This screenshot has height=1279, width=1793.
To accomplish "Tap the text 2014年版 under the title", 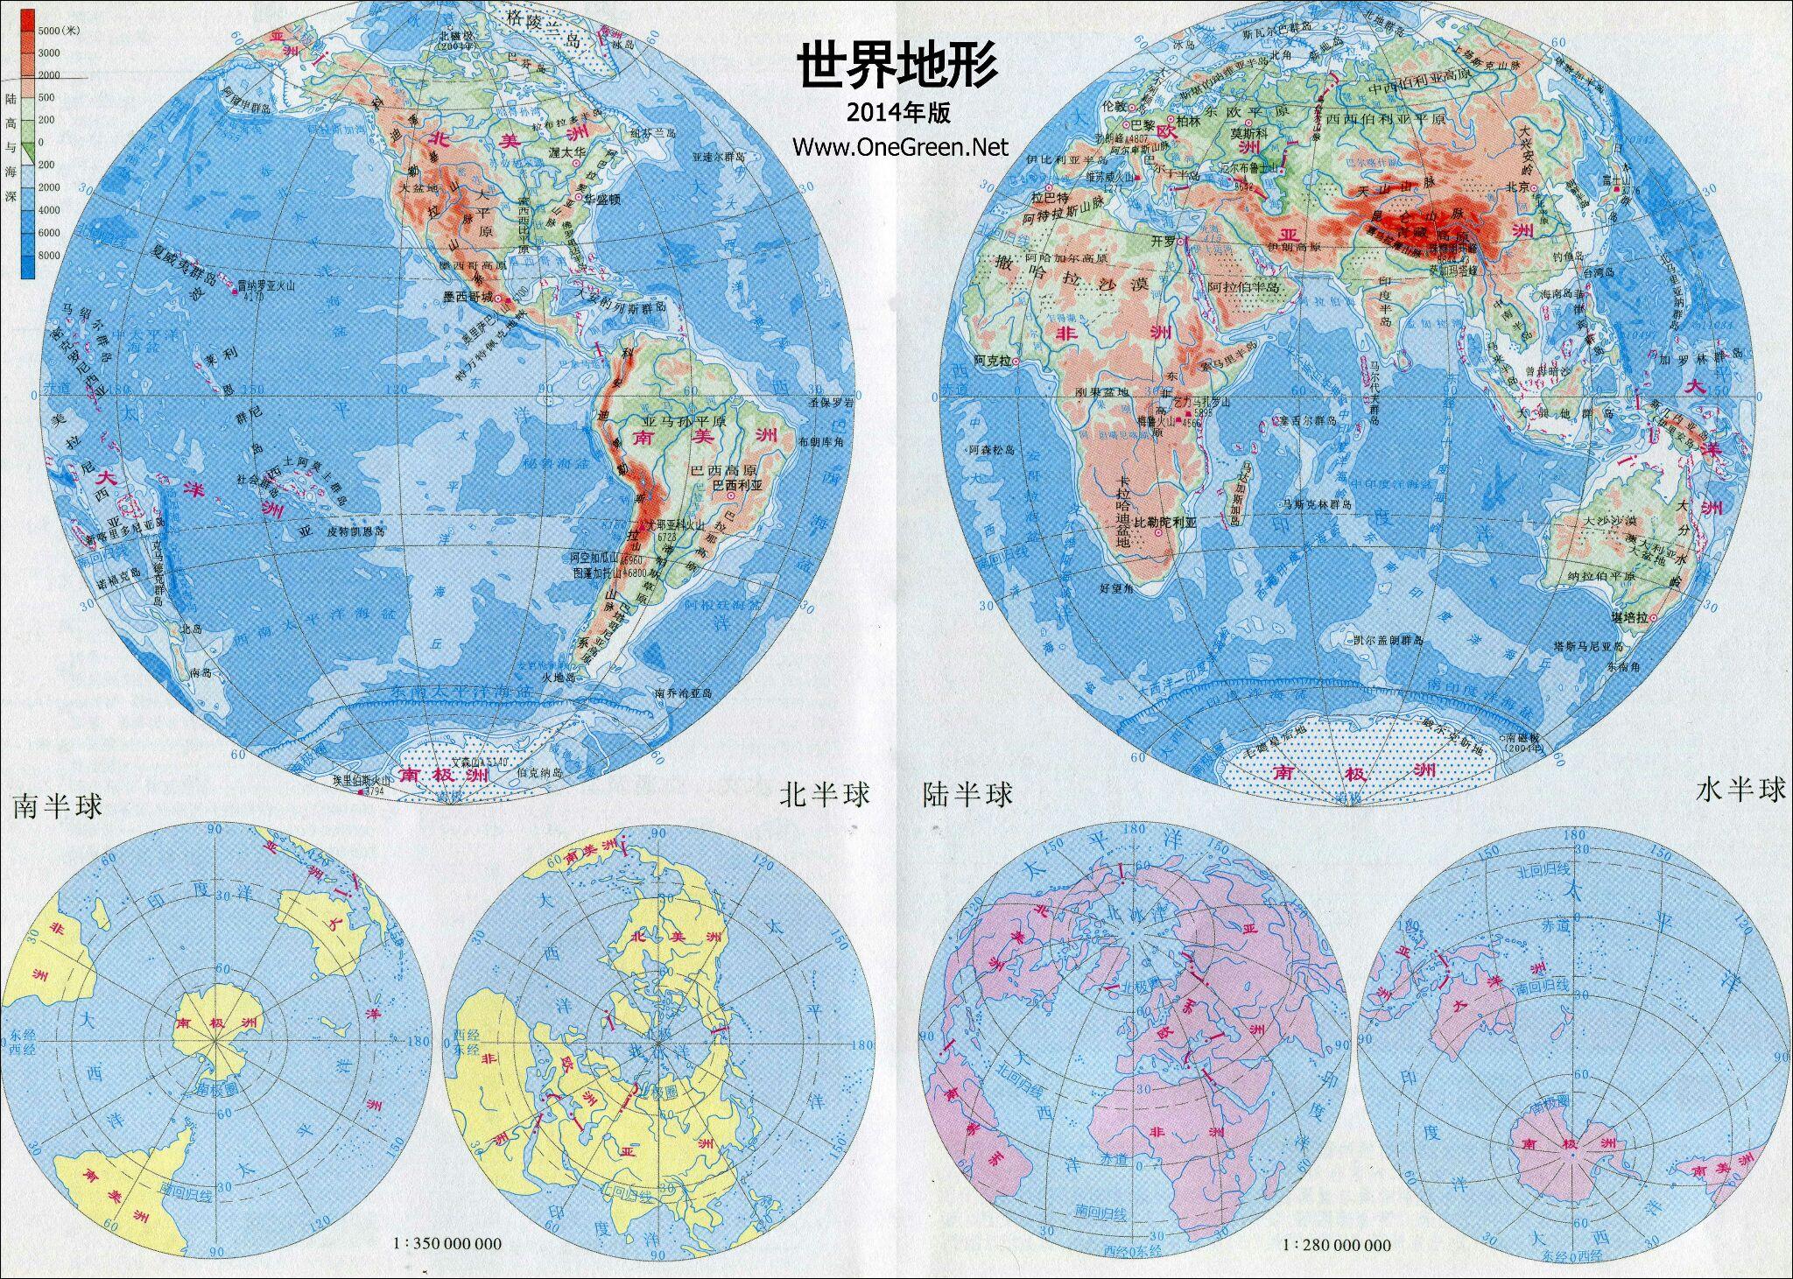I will (x=898, y=112).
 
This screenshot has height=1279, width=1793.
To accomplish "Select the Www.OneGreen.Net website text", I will (x=900, y=146).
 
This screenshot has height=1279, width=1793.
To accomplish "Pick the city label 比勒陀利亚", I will (x=1164, y=523).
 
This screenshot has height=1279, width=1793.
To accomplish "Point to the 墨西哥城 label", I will (x=468, y=298).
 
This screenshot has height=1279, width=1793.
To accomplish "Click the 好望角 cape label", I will (x=1116, y=589).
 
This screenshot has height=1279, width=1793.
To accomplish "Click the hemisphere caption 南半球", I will (x=57, y=805).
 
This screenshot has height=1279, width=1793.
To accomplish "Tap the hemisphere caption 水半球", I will (x=1741, y=790).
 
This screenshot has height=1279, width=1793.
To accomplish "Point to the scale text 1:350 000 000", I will (x=447, y=1243).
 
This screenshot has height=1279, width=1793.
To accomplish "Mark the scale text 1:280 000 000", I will (x=1337, y=1245).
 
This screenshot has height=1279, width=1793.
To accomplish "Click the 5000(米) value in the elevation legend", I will (x=60, y=31).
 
